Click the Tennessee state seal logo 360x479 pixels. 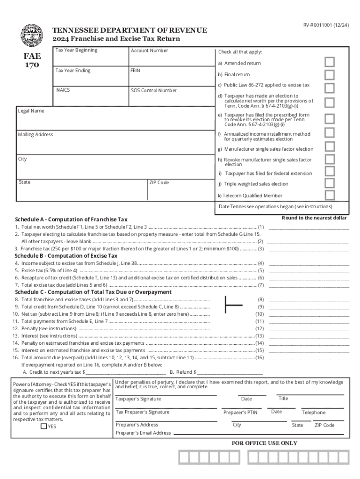pos(31,35)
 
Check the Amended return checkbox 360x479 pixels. pos(330,63)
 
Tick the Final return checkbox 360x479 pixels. pos(330,75)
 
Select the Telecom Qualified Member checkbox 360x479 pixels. pos(330,195)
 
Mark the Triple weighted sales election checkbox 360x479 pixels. pos(330,183)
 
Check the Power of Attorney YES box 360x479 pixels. pos(43,426)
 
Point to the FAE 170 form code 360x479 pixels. pos(32,60)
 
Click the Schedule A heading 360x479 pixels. pos(71,219)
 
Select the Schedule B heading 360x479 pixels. pos(66,256)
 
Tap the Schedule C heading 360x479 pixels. pos(93,292)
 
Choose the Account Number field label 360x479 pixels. pos(149,51)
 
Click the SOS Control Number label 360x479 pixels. pos(153,90)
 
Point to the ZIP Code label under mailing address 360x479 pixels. pos(159,182)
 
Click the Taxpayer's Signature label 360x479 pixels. pos(138,399)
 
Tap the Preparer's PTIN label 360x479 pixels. pos(240,413)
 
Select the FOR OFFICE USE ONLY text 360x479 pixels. pos(264,443)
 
